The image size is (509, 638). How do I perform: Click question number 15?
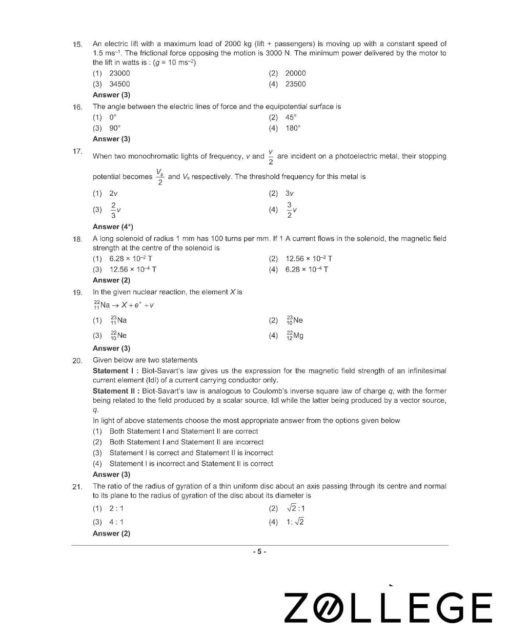point(77,45)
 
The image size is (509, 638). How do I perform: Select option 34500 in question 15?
point(119,84)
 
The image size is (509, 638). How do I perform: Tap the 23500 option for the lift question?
point(295,84)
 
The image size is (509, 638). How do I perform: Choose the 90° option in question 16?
point(114,128)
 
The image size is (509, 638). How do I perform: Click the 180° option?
point(293,128)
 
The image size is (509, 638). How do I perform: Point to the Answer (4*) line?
point(113,227)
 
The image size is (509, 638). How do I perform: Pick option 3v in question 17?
point(290,193)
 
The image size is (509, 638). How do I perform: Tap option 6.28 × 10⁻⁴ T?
point(307,270)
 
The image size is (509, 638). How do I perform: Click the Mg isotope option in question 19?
point(295,336)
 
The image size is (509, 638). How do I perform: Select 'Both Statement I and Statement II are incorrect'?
point(186,442)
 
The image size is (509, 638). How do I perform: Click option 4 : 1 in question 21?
point(116,522)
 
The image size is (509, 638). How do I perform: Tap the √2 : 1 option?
point(295,508)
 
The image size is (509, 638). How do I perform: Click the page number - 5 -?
point(259,551)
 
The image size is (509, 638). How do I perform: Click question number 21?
point(77,487)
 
